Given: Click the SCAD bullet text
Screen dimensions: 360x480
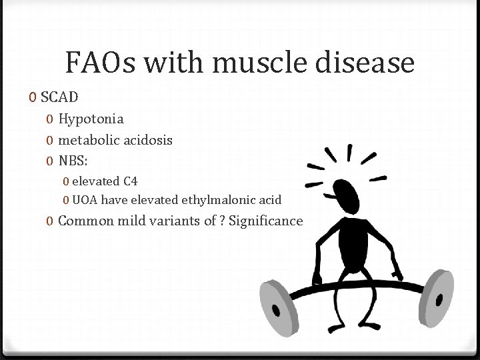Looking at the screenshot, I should (x=59, y=97).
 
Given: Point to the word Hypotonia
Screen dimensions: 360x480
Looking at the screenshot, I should (x=91, y=119).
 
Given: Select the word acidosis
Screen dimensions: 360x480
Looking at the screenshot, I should (x=149, y=140).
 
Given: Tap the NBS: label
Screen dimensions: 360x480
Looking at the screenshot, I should (x=73, y=161).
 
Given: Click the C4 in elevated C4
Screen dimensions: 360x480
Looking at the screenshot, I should (x=131, y=181).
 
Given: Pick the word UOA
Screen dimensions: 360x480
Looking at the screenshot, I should (x=84, y=199).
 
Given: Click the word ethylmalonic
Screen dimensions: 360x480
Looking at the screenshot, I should (x=223, y=199).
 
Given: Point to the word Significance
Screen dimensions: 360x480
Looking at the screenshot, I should (x=265, y=221).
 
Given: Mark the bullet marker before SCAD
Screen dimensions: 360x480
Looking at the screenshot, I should (x=33, y=98).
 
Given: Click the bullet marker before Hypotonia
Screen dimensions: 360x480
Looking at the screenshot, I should (x=49, y=120).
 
